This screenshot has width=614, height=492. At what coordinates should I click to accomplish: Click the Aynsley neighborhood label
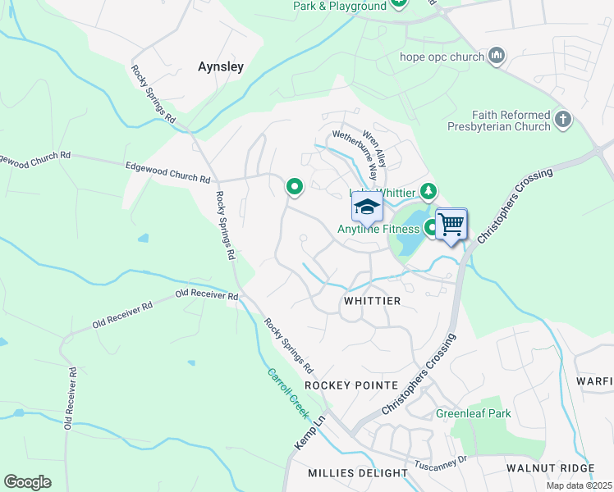tap(221, 67)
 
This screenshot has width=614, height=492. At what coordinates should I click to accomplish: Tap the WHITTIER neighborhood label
tap(372, 301)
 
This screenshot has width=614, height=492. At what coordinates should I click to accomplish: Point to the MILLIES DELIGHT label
tap(358, 473)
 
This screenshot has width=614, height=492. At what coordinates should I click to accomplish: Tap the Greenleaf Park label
tap(473, 413)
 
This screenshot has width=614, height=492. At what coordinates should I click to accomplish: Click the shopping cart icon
tap(451, 223)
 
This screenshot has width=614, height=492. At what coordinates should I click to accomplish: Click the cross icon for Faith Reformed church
tap(562, 120)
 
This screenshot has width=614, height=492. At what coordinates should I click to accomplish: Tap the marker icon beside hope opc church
tap(496, 57)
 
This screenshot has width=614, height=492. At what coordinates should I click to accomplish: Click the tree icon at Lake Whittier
tap(428, 192)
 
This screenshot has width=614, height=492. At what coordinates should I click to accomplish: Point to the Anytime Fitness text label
tap(378, 230)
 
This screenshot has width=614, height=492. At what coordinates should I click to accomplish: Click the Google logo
tap(27, 482)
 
